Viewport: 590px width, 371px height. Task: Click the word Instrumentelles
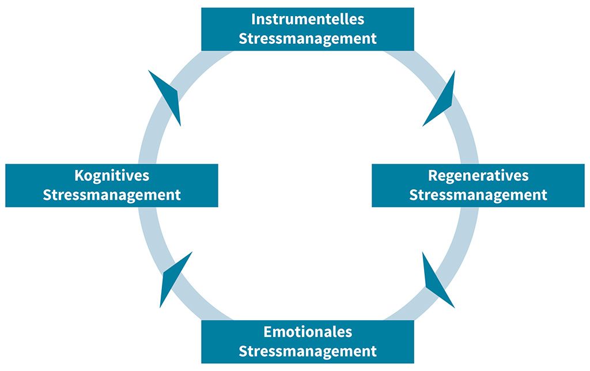308,19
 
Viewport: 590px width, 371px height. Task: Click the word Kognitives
112,175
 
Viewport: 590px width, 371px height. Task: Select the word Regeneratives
478,175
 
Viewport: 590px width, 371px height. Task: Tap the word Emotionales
308,332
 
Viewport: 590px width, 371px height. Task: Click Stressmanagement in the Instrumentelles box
308,39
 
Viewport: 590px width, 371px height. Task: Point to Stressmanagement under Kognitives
112,195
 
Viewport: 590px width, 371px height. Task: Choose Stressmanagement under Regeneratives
478,195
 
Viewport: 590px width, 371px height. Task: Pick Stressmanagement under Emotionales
308,351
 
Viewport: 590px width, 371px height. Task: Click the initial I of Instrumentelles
253,19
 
